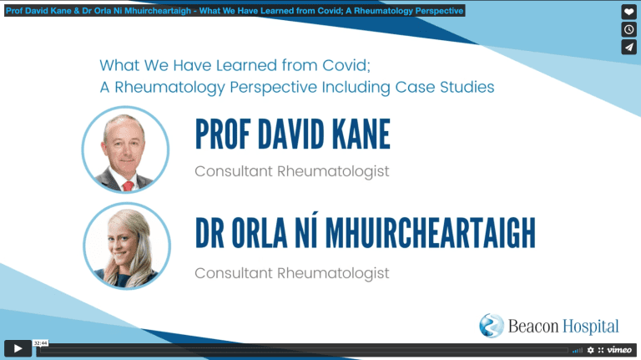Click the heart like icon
(628, 12)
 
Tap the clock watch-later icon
(628, 29)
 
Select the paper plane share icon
(628, 47)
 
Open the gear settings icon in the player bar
(590, 350)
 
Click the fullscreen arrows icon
(601, 350)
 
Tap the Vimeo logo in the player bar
(619, 350)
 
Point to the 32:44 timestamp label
(40, 342)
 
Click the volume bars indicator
(578, 350)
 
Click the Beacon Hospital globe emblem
(492, 326)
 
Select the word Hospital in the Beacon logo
(591, 327)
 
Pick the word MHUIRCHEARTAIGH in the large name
(430, 232)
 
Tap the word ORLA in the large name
(260, 232)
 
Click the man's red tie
(128, 186)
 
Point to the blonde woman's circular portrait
(127, 246)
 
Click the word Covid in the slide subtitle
(346, 65)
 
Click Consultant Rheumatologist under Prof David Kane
(292, 171)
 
